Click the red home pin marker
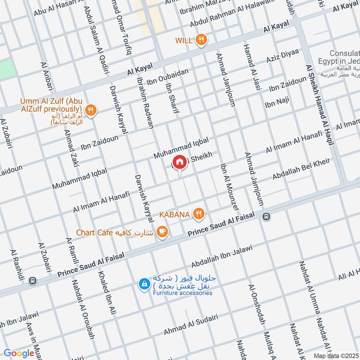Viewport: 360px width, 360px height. pos(179,162)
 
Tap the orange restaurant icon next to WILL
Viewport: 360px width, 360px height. pos(201,40)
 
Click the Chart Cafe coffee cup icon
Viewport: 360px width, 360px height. pos(162,232)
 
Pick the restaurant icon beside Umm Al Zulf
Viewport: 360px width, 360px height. pos(91,110)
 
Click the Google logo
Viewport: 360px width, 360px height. pos(19,353)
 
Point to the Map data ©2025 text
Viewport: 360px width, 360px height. pos(335,355)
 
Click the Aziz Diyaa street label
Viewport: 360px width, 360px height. pos(282,58)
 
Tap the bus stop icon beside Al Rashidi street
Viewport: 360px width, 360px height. pos(32,280)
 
